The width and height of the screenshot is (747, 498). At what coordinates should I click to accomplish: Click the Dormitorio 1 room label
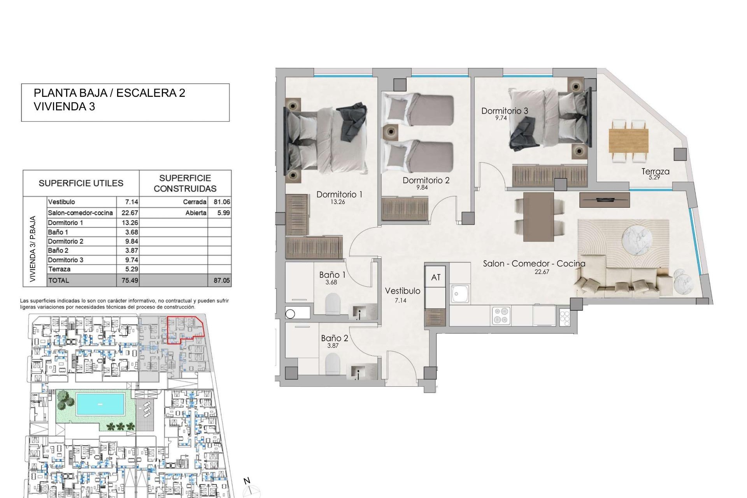tap(339, 194)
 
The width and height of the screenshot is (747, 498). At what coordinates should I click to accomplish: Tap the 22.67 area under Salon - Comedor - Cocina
tap(542, 272)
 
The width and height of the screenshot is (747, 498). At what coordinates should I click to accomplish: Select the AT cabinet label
tap(436, 277)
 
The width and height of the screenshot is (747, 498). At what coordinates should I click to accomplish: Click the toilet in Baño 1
tap(333, 303)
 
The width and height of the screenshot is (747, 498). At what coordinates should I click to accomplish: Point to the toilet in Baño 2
tap(333, 364)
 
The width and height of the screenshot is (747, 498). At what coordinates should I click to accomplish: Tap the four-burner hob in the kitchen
tap(501, 315)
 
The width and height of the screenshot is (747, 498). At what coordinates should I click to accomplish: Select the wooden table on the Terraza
tap(628, 141)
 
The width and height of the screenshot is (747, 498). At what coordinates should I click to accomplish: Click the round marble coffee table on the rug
tap(637, 241)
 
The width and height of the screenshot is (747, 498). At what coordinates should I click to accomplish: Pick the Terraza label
tap(655, 171)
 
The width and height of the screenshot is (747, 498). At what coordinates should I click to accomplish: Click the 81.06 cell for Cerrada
tap(221, 202)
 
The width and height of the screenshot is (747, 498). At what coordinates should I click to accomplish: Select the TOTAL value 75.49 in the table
tap(130, 280)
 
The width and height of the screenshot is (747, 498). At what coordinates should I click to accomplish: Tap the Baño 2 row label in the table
tap(58, 251)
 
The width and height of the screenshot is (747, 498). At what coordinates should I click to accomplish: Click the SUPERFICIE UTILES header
tap(81, 183)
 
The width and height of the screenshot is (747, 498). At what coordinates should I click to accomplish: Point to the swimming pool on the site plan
tap(100, 404)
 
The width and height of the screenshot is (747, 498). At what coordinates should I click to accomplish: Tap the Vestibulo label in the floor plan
tap(402, 291)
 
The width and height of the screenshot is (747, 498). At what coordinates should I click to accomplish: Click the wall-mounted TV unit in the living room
tap(604, 200)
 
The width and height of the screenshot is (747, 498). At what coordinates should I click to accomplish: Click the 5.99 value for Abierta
tap(223, 213)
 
